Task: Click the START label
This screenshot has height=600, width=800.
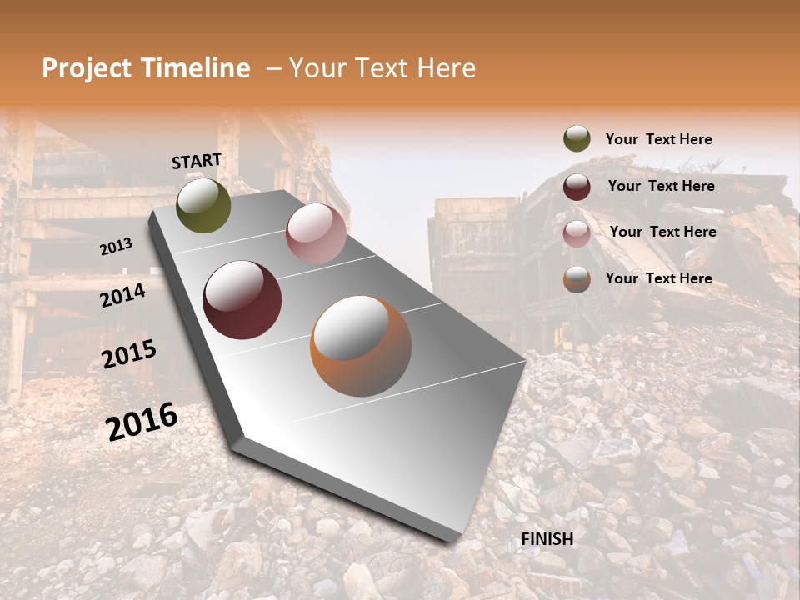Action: pos(197,161)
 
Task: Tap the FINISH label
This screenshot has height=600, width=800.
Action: pos(547,539)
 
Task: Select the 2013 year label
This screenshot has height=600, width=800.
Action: pos(116,246)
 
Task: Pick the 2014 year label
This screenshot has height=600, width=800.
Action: pos(122,295)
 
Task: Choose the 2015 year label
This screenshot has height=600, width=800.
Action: pos(129,354)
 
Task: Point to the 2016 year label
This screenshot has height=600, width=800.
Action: pos(142,422)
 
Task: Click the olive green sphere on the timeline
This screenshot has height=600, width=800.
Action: pos(203,205)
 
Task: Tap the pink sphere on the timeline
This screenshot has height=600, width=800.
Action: pos(316,232)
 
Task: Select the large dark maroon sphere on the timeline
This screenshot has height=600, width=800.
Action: pos(242,300)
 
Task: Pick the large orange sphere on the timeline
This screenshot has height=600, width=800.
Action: pos(361,345)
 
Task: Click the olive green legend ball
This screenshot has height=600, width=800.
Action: pos(577,139)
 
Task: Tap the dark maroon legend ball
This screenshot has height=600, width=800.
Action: pos(577,187)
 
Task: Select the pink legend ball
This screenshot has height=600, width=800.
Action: pos(577,232)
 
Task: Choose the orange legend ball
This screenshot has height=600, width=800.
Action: pos(577,279)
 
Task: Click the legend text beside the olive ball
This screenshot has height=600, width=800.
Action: pos(658,139)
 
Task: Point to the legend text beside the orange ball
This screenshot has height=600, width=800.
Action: pos(658,278)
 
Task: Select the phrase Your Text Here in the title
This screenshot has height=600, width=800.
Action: pos(382,68)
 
